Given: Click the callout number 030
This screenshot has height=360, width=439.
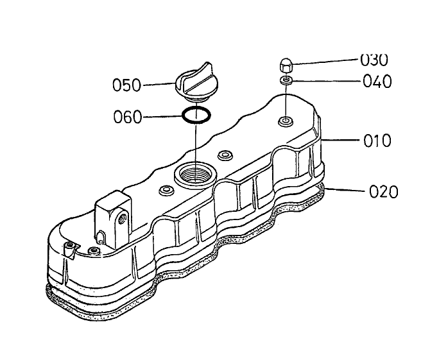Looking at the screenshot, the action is tap(374, 60).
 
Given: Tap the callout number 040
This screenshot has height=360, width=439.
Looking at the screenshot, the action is tap(377, 81).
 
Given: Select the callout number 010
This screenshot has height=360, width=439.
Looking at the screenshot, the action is tap(377, 141).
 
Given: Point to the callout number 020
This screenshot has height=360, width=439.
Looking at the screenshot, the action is tap(383, 192).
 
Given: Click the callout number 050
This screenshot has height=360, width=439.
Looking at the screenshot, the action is tap(126, 85).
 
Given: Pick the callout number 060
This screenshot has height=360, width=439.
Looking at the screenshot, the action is tap(128, 117).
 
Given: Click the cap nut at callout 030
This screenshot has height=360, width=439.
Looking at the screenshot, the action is tap(286, 65).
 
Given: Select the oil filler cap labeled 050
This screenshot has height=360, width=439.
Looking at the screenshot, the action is tap(194, 81).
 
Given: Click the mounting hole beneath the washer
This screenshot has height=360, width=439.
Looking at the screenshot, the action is tap(286, 121).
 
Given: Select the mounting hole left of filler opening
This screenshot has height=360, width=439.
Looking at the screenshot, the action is tap(166, 191).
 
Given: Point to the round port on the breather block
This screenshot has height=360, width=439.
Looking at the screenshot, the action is tap(123, 218).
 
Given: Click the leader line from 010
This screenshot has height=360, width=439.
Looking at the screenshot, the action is tap(340, 140).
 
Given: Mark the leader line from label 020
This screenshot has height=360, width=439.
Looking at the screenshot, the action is tap(345, 190).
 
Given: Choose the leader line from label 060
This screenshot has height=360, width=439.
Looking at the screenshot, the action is tap(162, 116).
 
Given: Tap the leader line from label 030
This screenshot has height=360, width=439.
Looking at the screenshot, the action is tap(325, 62).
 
